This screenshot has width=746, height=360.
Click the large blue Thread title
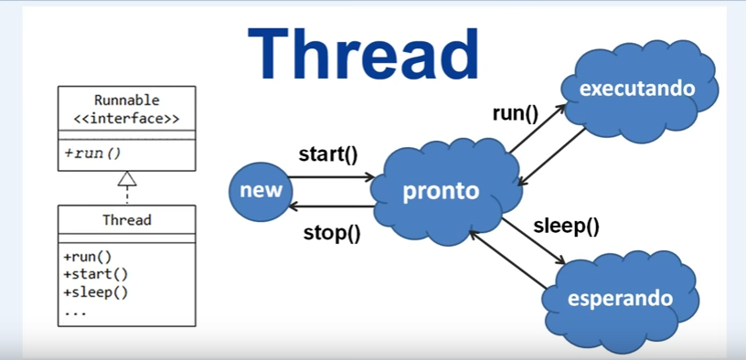[363, 55]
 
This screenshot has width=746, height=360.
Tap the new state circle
[261, 191]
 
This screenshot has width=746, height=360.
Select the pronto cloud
[445, 191]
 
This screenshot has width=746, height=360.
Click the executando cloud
[639, 90]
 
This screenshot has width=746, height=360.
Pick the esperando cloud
[621, 301]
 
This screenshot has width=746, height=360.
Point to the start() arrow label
[328, 155]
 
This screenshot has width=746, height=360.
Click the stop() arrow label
[332, 234]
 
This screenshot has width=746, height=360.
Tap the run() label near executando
[515, 114]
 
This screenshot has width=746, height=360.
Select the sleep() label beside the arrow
[566, 226]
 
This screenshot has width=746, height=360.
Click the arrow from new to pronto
[332, 177]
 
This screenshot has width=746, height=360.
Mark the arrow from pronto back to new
[332, 206]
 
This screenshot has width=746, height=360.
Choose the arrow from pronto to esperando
[533, 240]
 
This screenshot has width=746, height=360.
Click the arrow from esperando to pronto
[507, 259]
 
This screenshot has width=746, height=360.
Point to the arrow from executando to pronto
[551, 156]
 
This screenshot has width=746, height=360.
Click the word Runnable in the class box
[126, 101]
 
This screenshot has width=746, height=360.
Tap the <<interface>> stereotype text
[126, 119]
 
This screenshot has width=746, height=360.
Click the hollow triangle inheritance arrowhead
[127, 178]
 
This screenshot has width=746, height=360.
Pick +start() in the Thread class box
[96, 274]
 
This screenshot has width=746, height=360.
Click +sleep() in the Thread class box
[96, 292]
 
